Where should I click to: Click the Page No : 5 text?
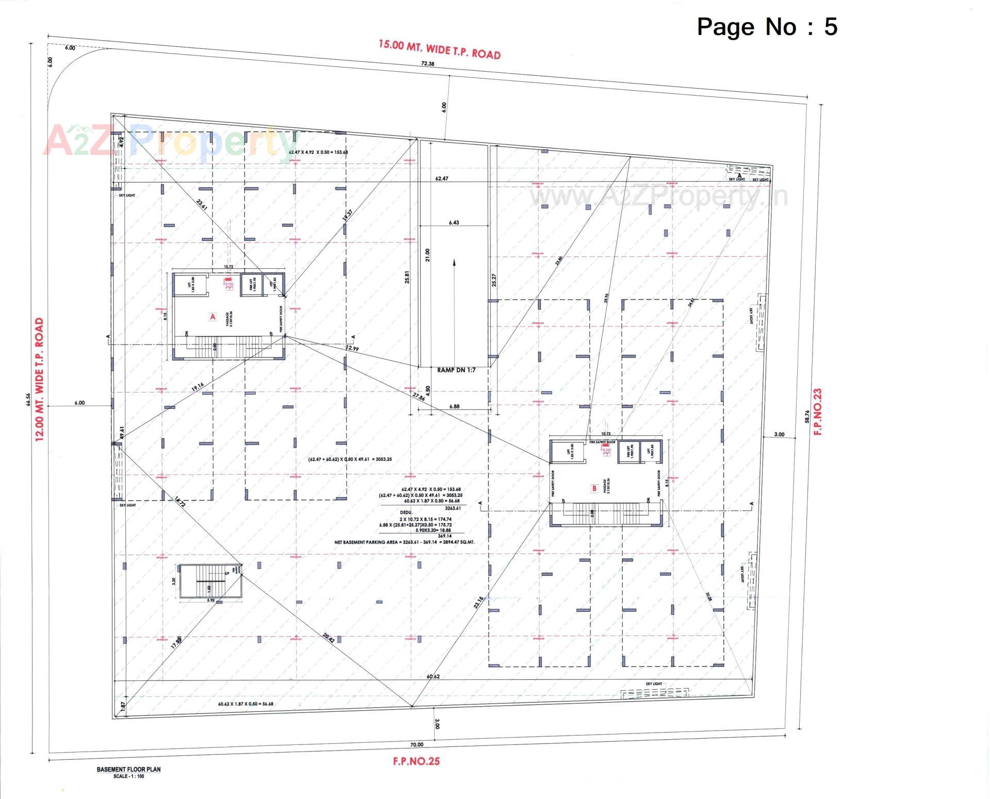click(767, 27)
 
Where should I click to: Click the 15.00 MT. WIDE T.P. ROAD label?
click(439, 50)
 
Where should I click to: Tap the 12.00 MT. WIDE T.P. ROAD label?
click(40, 379)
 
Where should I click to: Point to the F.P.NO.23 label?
click(818, 412)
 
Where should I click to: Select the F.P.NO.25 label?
click(416, 761)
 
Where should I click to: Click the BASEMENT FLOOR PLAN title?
click(128, 769)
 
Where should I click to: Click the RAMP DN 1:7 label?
click(456, 370)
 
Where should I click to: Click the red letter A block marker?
click(212, 317)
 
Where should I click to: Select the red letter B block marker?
click(594, 488)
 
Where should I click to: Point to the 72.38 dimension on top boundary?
click(427, 64)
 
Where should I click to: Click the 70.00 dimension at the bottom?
click(417, 744)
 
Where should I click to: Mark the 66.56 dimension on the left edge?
click(28, 400)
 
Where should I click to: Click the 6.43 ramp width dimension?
click(454, 223)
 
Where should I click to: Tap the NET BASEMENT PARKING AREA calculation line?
click(404, 542)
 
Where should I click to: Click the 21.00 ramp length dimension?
click(427, 254)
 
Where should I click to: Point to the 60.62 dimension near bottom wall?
click(433, 677)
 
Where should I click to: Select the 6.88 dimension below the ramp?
click(454, 406)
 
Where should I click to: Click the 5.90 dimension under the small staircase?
click(210, 600)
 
